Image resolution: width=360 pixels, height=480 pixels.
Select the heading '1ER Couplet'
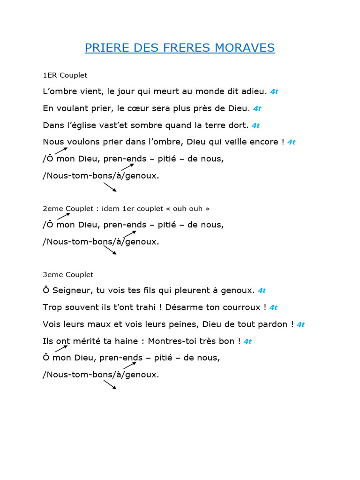65,75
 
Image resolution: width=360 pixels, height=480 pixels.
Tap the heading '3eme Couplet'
68,275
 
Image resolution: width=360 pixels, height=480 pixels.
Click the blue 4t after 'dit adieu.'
274,92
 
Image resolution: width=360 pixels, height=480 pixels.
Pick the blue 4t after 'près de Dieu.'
257,109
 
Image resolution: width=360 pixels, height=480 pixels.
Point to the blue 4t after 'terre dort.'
255,126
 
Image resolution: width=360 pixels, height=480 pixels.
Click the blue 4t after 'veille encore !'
291,142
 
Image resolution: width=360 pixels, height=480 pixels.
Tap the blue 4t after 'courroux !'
273,307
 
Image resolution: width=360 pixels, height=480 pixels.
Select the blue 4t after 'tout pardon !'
300,324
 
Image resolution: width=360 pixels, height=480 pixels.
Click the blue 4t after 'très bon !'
247,341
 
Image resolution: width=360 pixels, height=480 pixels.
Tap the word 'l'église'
77,125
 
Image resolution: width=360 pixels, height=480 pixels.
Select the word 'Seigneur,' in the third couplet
73,291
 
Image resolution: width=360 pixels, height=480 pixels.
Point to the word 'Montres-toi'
179,341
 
